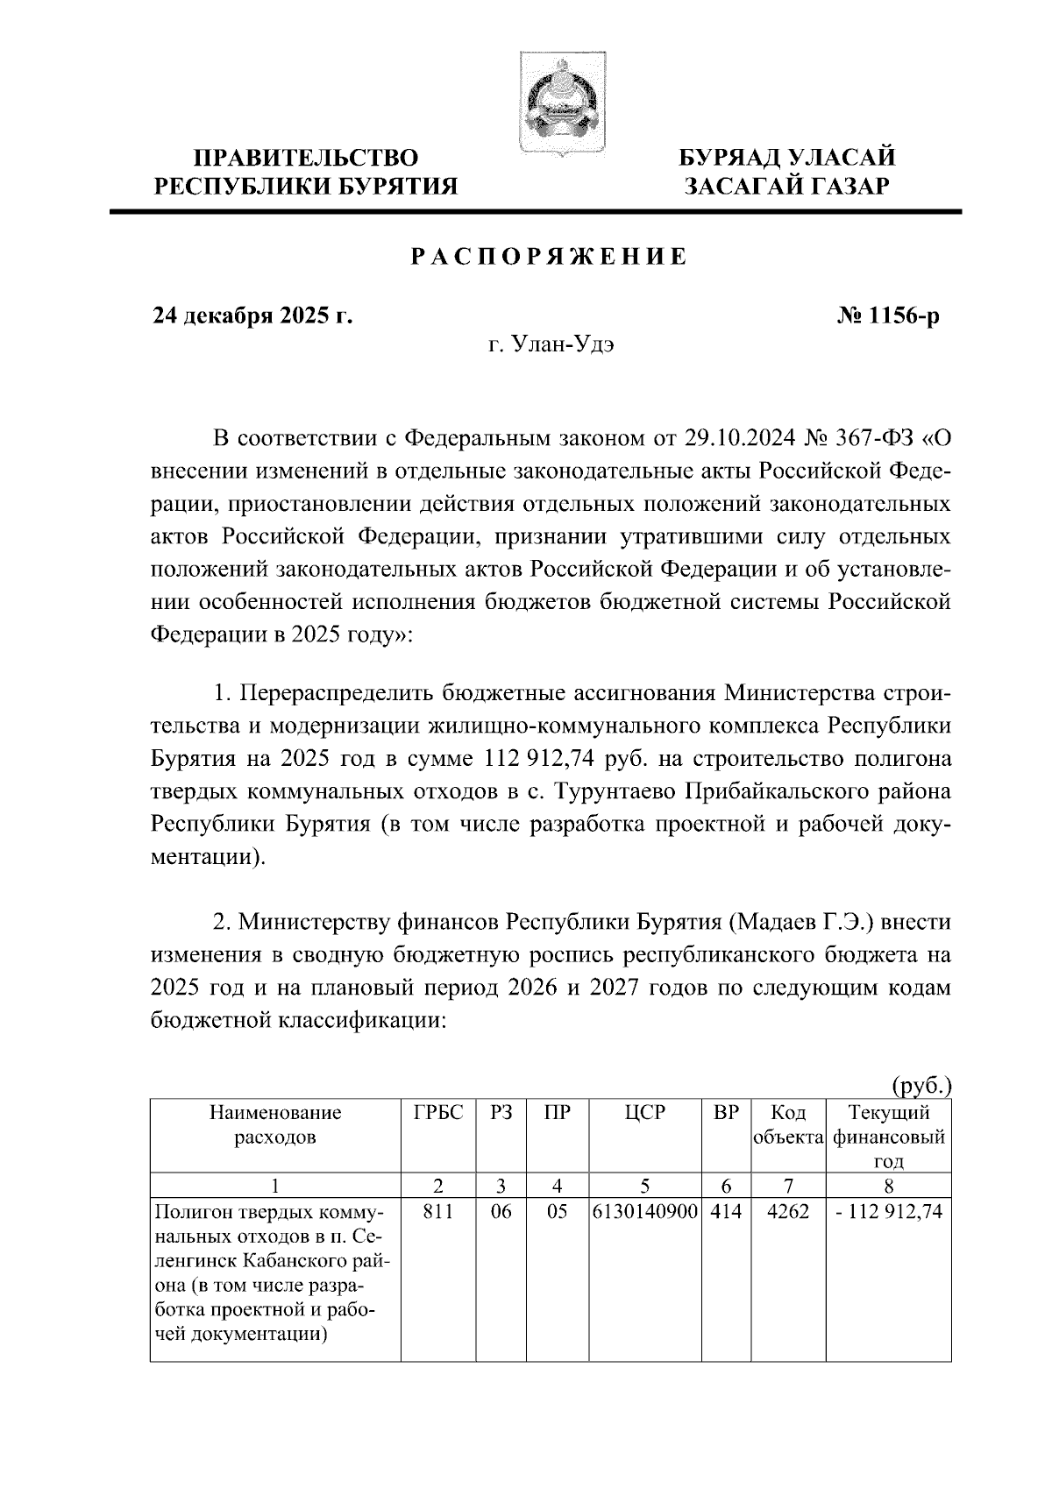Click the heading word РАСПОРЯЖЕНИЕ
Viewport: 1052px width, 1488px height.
point(549,257)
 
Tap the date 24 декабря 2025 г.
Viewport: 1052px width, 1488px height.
point(252,315)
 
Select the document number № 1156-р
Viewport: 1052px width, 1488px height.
point(887,315)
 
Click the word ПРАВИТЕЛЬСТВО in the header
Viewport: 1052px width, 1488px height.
point(306,158)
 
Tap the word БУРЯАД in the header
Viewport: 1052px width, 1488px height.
point(730,158)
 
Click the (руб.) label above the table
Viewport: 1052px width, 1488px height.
point(920,1086)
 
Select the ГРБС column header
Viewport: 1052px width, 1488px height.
point(438,1113)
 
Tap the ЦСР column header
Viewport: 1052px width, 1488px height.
point(645,1113)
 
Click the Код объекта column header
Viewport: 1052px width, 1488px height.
point(787,1125)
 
